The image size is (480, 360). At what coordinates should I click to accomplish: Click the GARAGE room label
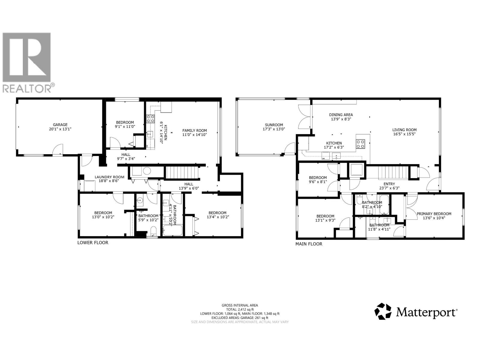[60, 125]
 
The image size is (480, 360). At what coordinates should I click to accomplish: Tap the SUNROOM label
[274, 125]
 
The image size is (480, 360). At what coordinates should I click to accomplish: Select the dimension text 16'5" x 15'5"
[404, 134]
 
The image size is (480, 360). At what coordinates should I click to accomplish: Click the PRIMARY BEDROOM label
[434, 214]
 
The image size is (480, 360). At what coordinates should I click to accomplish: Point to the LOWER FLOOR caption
[93, 242]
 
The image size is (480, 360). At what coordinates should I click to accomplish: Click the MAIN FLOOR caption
[309, 244]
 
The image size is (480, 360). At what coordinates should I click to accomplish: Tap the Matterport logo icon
[383, 311]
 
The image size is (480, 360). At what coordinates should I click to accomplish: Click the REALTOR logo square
[26, 57]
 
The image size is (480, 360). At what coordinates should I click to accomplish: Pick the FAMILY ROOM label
[195, 130]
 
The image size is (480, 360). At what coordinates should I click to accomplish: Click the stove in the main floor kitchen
[360, 144]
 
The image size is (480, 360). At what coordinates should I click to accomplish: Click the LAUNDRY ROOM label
[109, 177]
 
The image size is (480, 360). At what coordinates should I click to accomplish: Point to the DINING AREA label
[341, 115]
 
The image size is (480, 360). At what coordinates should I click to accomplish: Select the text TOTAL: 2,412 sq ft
[240, 309]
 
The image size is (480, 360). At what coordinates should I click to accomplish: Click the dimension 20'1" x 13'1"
[60, 129]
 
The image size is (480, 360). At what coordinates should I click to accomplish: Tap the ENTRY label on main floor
[389, 184]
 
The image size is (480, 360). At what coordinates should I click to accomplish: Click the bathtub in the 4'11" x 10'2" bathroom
[172, 231]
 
